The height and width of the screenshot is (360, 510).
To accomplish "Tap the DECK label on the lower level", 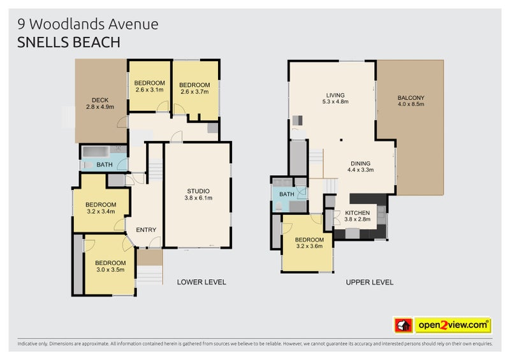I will tap(99, 99).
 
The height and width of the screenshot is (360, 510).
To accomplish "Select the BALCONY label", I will tap(411, 97).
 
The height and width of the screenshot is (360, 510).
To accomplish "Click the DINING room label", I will tap(361, 162).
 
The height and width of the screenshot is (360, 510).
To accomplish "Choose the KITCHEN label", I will tap(357, 213).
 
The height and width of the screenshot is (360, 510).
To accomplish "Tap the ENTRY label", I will tap(146, 230).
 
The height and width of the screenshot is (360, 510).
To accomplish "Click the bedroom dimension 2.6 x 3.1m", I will tap(150, 90).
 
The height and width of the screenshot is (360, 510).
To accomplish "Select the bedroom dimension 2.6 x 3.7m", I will tap(194, 92).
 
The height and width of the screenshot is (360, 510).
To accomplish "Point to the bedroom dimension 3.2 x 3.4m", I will tap(101, 212).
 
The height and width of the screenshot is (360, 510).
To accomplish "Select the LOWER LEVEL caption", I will tap(201, 282).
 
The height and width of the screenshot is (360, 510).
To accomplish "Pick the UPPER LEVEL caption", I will tap(370, 282).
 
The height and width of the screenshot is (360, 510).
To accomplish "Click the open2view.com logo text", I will tap(453, 326).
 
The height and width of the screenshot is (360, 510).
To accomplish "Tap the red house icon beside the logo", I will tap(404, 326).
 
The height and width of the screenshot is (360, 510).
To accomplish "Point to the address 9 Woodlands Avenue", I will tap(89, 24).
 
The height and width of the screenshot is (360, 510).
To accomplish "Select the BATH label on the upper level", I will tap(287, 194).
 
